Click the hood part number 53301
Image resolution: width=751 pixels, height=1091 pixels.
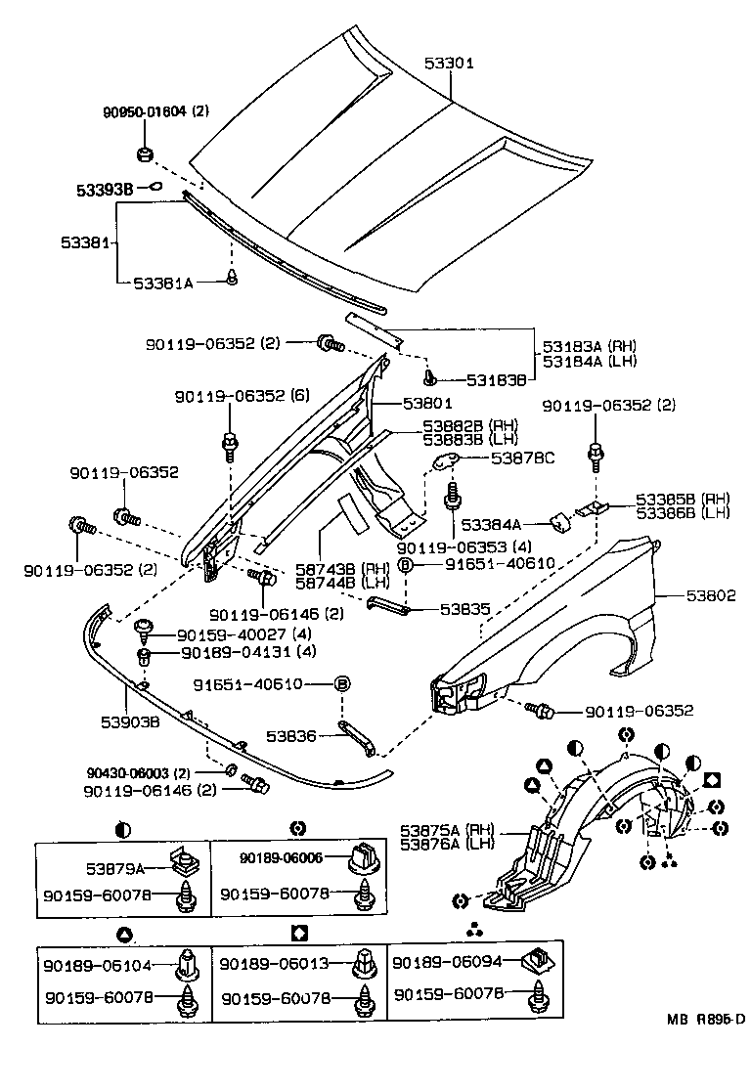point(449,63)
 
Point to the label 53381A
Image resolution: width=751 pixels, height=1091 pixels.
point(163,282)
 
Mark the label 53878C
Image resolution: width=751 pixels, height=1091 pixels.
point(522,458)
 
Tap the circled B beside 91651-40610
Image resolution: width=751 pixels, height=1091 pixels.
point(406,564)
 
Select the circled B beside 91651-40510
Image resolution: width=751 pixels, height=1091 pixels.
point(341,683)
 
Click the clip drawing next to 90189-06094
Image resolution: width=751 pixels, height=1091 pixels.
point(536,962)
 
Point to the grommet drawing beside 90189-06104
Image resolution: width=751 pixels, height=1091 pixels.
point(187,964)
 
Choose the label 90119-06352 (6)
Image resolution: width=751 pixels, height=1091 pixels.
point(242,397)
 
